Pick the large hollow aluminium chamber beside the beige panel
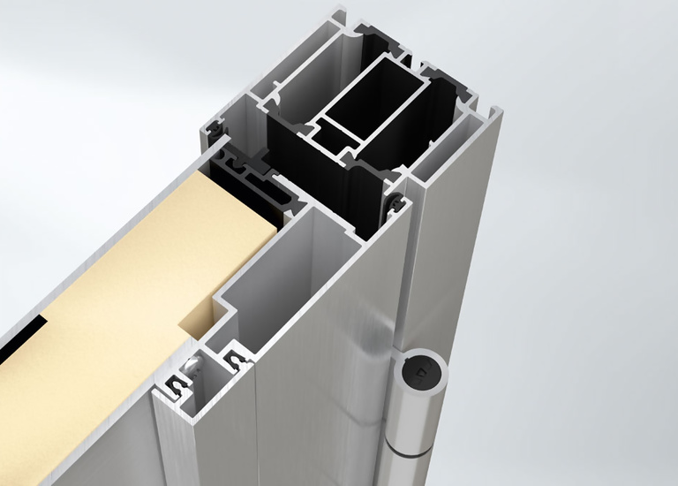(274, 265)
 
